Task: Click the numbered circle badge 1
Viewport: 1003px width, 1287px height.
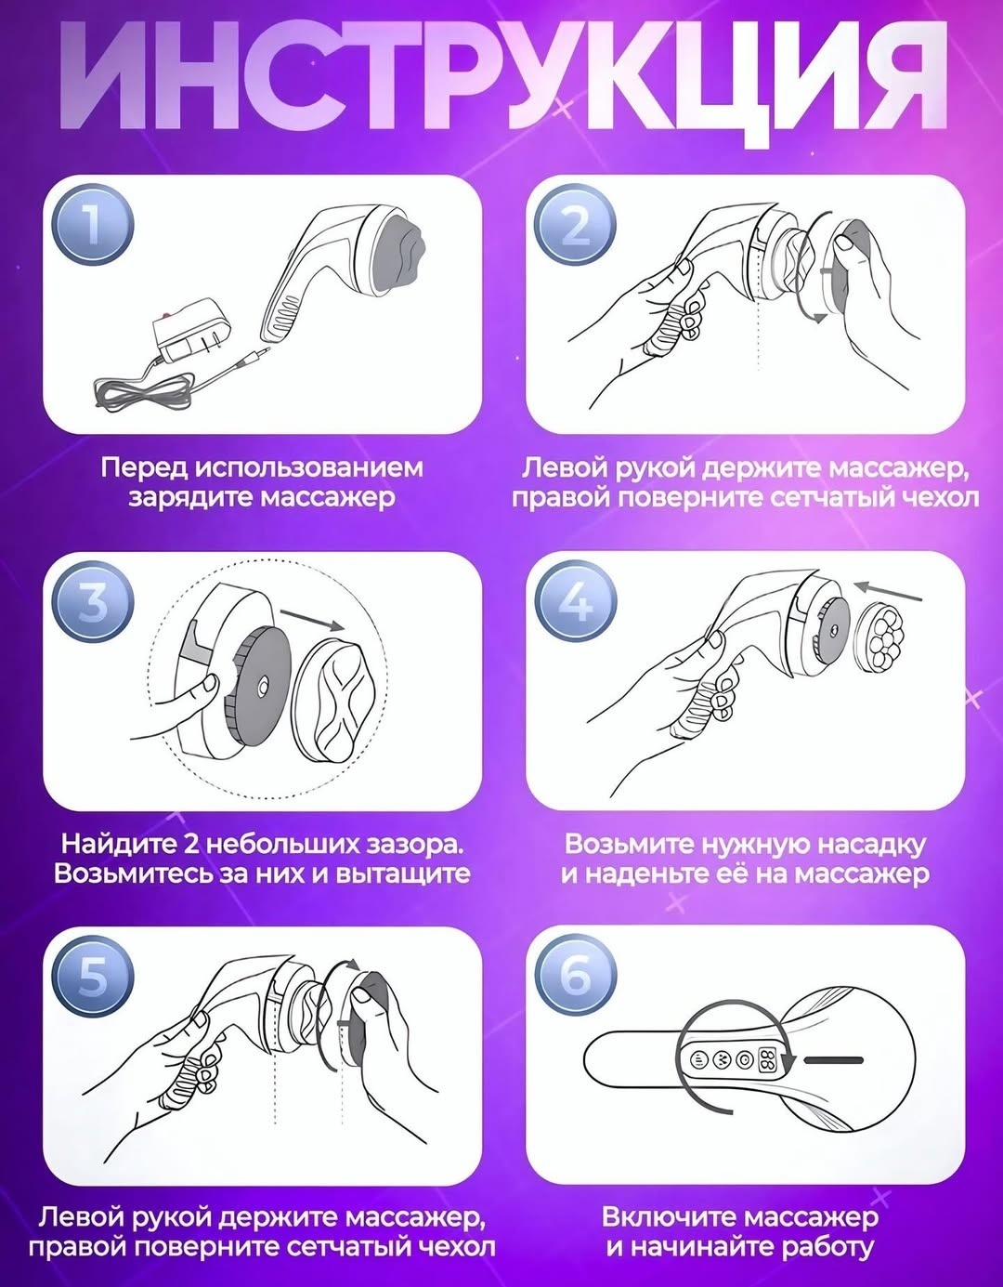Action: point(93,226)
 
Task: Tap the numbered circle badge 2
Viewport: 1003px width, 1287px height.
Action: point(575,226)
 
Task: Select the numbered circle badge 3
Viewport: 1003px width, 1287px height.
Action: point(93,602)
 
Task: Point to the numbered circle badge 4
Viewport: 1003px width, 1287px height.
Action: point(575,602)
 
